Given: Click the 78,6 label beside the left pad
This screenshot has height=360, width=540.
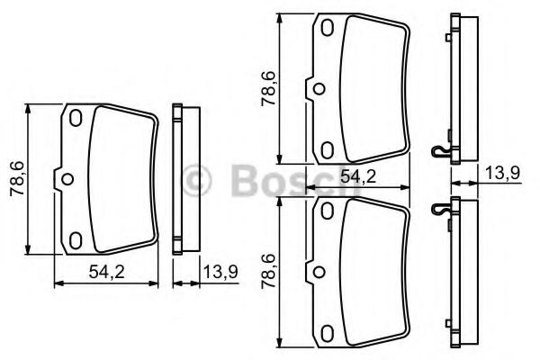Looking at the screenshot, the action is pos(17,178).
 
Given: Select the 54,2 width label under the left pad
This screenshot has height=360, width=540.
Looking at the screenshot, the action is pos(106,272).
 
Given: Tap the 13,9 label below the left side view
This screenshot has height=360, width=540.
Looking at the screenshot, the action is pos(220,272).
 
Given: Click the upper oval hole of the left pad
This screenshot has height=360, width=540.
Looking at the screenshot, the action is pos(76,118).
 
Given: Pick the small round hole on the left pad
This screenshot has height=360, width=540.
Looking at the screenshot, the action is pos(67,179).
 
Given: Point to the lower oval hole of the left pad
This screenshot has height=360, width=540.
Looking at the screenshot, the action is pos(76,240).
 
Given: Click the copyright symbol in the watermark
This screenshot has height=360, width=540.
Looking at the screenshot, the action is pos(196,181).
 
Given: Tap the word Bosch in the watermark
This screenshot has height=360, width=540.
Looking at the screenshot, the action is pos(296,181).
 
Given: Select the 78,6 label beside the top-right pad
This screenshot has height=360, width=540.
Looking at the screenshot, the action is pos(268,88).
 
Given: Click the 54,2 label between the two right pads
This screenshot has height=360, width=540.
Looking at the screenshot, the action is pos(358,176).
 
